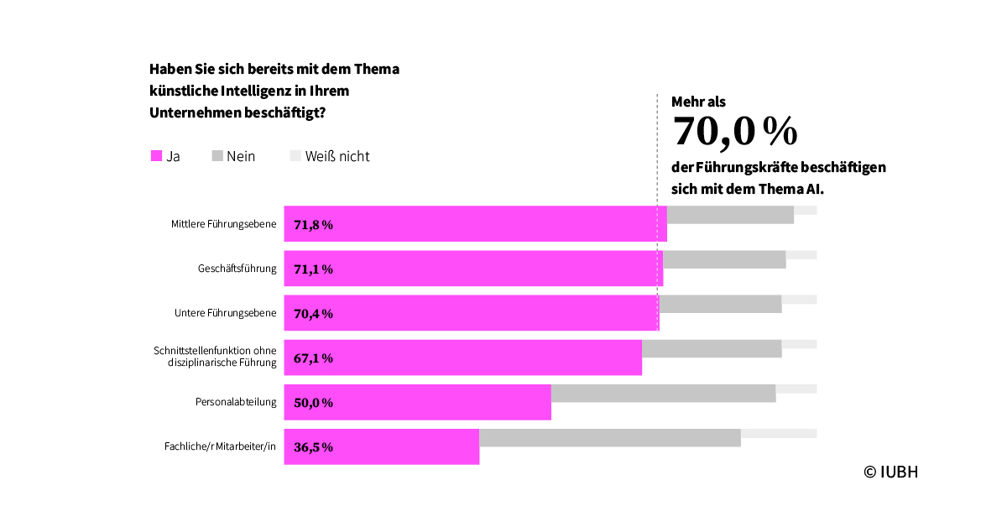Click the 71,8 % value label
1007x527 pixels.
[x=314, y=225]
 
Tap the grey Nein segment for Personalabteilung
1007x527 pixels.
[x=663, y=394]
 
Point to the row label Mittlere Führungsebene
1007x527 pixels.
[x=223, y=224]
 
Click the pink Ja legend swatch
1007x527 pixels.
[x=156, y=156]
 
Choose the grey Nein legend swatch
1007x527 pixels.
[x=217, y=156]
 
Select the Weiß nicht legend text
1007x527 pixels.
[x=337, y=156]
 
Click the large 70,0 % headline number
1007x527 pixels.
[x=734, y=131]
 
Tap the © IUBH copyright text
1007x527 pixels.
[x=891, y=472]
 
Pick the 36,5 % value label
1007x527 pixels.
[x=314, y=447]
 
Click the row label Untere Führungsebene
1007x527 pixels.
[x=225, y=313]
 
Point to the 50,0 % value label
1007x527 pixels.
[x=314, y=403]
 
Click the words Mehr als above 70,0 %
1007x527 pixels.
[x=698, y=102]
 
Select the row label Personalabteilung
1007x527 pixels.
[x=236, y=402]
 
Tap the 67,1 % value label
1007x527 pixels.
[x=314, y=358]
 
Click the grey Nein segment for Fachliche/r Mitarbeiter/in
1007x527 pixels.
[x=610, y=438]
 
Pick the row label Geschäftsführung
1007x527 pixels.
[x=237, y=269]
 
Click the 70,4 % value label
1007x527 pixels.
[x=314, y=314]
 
